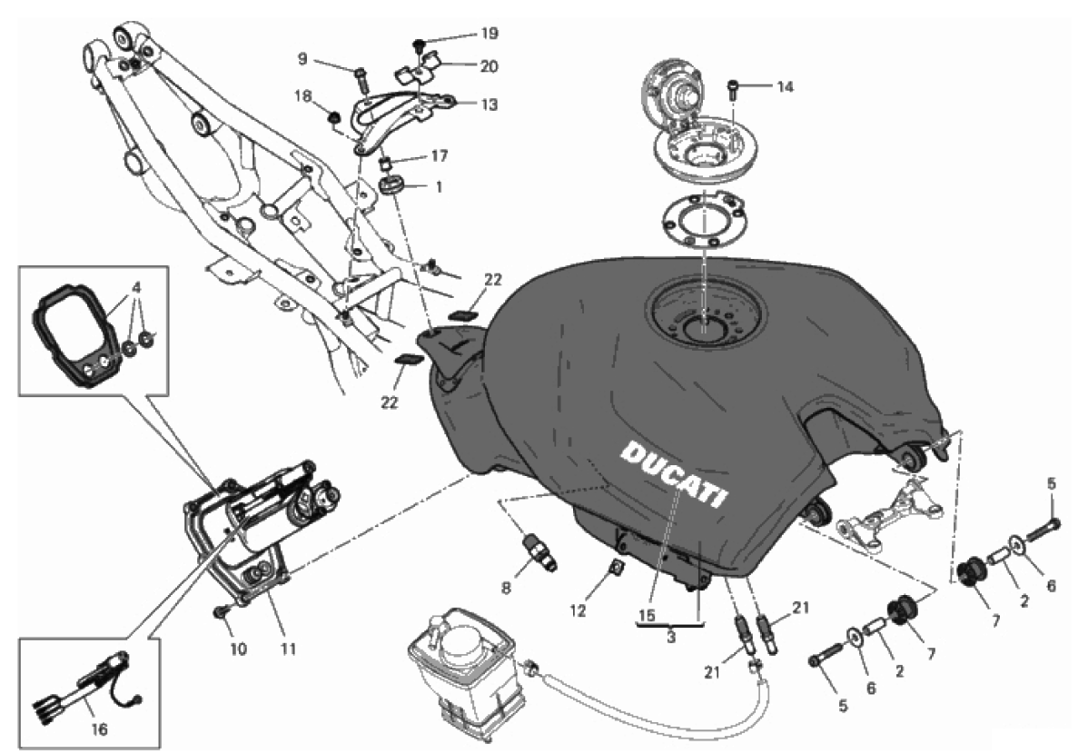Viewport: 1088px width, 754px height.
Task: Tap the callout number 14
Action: click(785, 87)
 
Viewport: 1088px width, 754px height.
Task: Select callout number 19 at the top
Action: click(490, 34)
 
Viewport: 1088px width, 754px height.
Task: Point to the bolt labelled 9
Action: click(360, 80)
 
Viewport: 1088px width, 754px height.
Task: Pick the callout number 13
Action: click(490, 104)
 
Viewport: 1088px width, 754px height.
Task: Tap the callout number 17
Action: click(440, 156)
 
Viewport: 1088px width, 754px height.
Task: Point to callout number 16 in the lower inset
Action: click(99, 729)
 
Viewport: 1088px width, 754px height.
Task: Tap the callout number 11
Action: click(289, 649)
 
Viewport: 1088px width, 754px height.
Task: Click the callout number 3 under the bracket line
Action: click(670, 637)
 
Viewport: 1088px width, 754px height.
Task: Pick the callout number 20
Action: click(490, 66)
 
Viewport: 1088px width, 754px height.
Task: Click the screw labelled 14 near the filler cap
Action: click(734, 87)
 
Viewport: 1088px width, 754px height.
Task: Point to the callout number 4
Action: click(137, 286)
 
